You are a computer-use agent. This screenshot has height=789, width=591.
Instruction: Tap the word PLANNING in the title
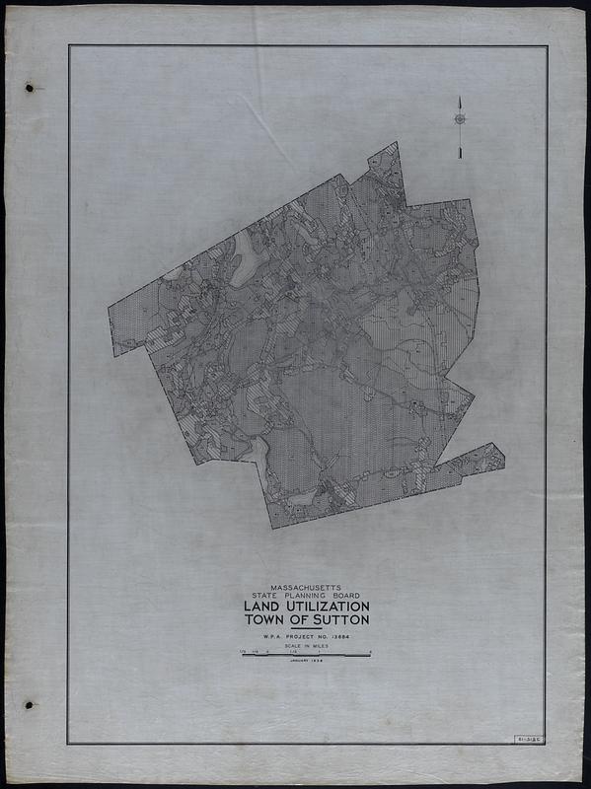pos(303,596)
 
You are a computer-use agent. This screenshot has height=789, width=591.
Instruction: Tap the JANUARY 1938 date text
pos(305,662)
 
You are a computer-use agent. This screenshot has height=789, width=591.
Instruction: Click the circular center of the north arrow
pos(460,119)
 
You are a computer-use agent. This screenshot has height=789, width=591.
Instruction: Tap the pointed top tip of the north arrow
pos(460,98)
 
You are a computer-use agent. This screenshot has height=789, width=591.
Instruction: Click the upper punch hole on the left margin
pos(30,87)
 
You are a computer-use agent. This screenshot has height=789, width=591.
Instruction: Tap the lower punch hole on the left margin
pos(29,705)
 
